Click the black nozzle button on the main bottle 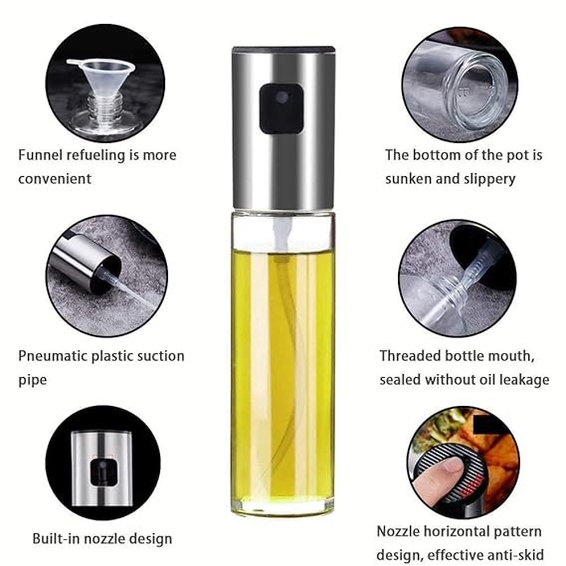(x=282, y=108)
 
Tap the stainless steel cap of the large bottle (x=283, y=128)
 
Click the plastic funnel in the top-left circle (x=101, y=78)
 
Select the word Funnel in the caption (x=41, y=155)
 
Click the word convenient (x=55, y=179)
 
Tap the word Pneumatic (x=53, y=356)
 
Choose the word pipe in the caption (x=33, y=380)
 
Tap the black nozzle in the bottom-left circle (x=103, y=472)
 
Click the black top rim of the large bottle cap (x=283, y=49)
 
